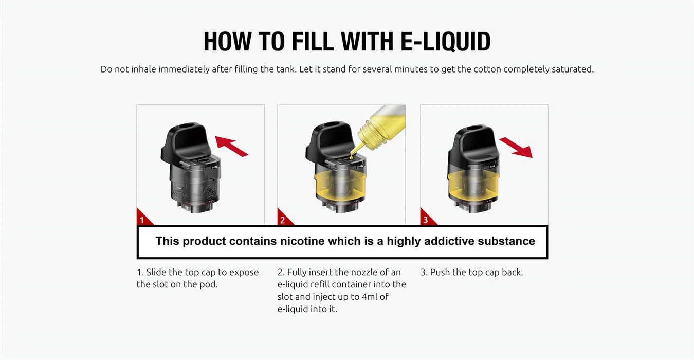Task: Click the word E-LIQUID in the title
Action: pos(446,41)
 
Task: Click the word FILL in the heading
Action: pos(313,41)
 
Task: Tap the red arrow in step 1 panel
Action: pos(231,146)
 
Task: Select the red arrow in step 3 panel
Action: pos(516,148)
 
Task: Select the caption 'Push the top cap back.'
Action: pos(471,272)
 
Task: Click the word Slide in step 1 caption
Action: pos(156,272)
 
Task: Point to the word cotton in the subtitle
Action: pos(487,69)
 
